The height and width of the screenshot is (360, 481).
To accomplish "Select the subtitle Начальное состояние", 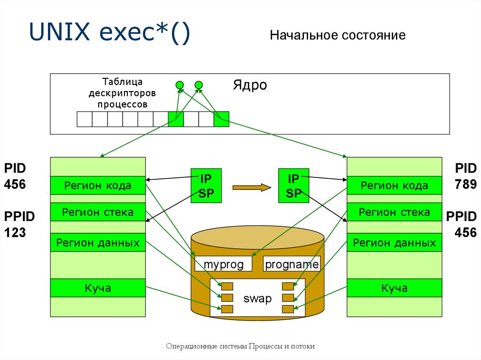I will [337, 36].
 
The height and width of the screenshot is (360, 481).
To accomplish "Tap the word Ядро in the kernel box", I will [249, 85].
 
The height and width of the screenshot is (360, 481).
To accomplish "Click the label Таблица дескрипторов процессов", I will [122, 93].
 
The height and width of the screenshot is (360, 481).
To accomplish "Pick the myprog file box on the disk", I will [224, 265].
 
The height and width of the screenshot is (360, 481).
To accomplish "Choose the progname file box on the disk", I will [292, 265].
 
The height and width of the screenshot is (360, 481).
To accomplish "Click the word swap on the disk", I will [257, 299].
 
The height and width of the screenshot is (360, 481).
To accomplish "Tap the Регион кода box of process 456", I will [98, 185].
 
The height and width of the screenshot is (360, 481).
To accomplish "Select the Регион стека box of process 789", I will [394, 212].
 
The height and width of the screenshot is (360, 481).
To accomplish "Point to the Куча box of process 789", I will [394, 288].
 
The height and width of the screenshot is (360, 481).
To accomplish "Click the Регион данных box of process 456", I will [98, 243].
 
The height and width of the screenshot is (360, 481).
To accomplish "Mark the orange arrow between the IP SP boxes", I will [252, 188].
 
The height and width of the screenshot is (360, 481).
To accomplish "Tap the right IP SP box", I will [294, 186].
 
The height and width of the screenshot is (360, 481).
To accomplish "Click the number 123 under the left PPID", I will [15, 233].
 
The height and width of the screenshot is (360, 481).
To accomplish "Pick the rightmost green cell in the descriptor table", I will [221, 119].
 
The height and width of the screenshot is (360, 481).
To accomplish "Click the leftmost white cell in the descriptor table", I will [85, 119].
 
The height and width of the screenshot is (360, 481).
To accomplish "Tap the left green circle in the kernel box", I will [179, 85].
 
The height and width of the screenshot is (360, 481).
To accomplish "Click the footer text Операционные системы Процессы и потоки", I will [240, 346].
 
